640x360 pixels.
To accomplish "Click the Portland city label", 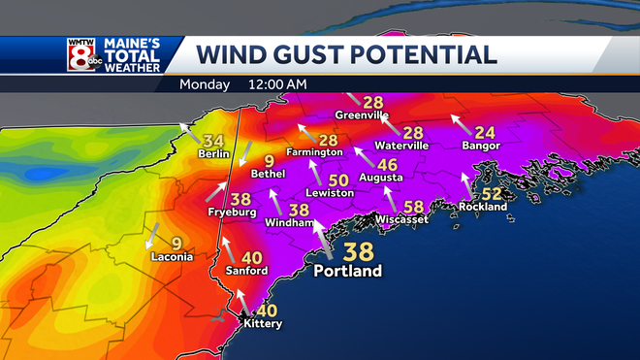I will [x=346, y=271].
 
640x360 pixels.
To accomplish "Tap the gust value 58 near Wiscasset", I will [x=414, y=206].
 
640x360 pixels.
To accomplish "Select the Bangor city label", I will [x=481, y=146].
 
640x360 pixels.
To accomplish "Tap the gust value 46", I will [x=387, y=165].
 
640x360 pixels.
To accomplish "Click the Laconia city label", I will [x=173, y=257].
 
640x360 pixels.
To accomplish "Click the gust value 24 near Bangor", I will [x=485, y=132].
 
